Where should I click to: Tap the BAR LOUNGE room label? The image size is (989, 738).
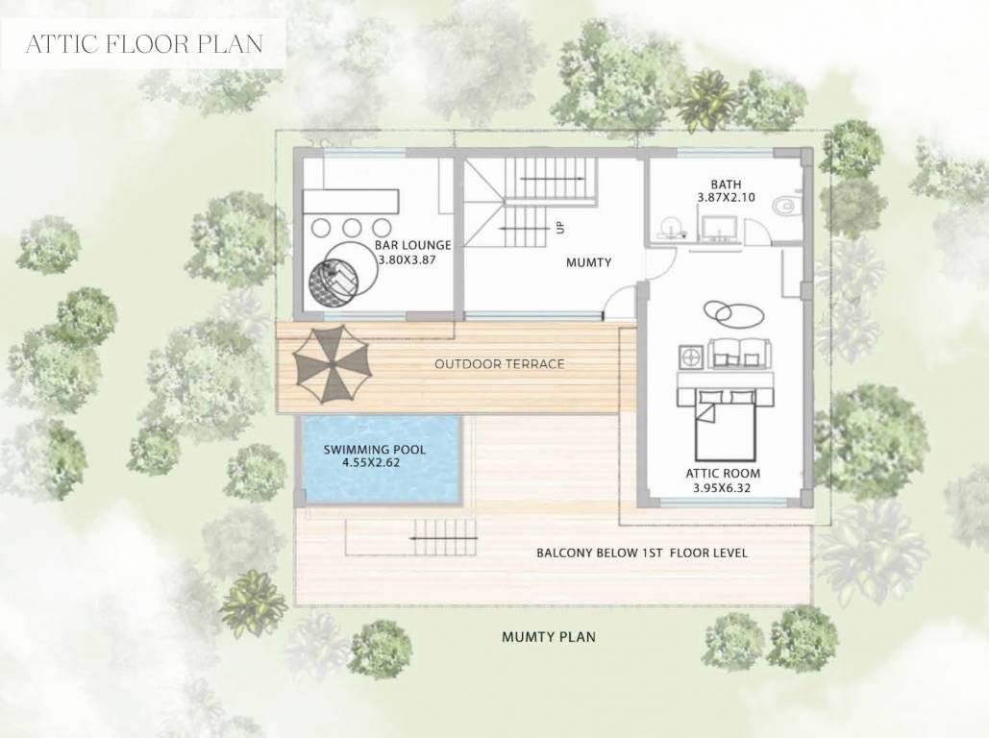coord(413,246)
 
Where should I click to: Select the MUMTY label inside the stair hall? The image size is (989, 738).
coord(588,262)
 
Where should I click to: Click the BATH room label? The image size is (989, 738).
coord(726,184)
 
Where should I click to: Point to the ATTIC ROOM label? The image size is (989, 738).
coord(723,474)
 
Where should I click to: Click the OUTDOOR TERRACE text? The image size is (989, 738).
coord(499,364)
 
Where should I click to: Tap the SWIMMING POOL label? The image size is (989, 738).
coord(375,450)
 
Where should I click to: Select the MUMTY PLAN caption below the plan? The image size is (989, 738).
coord(549,636)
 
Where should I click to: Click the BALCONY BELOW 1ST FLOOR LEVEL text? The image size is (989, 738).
coord(641,553)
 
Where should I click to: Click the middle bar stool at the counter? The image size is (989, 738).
coord(352,228)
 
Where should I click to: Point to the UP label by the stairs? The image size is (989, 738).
coord(559,228)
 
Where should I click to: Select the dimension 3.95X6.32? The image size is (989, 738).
coord(723,488)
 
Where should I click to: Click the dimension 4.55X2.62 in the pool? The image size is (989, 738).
coord(375,463)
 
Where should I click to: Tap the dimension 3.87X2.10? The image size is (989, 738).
coord(726,197)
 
